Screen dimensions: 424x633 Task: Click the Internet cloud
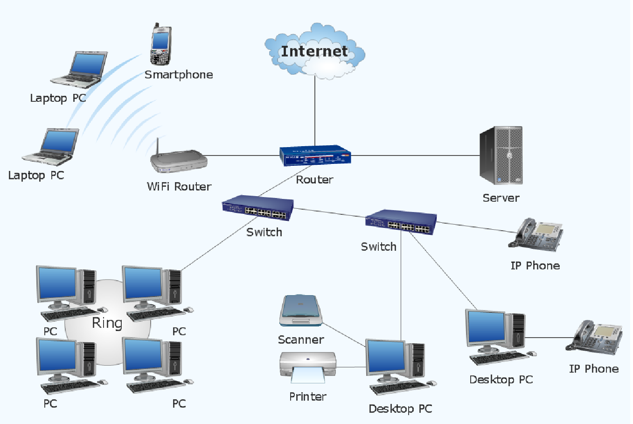314,51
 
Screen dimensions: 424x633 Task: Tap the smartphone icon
160,45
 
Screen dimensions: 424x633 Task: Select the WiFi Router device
179,162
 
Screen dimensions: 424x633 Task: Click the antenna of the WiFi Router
158,146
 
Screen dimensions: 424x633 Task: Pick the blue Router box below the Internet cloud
315,156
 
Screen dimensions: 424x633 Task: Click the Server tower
501,155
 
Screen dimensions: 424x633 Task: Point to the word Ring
107,323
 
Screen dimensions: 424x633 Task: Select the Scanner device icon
301,311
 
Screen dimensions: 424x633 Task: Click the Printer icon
307,367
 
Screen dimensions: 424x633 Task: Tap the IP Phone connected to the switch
536,235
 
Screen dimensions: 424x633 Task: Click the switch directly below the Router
258,209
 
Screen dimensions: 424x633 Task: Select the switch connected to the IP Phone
401,222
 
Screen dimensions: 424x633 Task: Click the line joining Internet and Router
315,112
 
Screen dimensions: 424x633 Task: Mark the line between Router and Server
415,155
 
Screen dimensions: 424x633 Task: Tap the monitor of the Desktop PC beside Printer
385,357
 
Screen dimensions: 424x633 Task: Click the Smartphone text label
179,75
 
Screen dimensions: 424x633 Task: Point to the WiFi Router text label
179,187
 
